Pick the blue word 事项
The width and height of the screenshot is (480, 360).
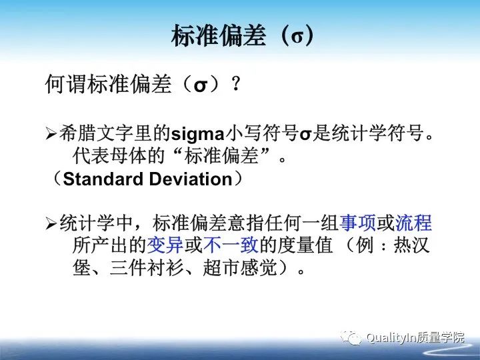coord(358,223)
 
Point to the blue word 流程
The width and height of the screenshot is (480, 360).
coord(413,223)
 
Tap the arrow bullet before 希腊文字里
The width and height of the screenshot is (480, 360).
coord(52,134)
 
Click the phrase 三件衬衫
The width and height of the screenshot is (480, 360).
coord(147,269)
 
